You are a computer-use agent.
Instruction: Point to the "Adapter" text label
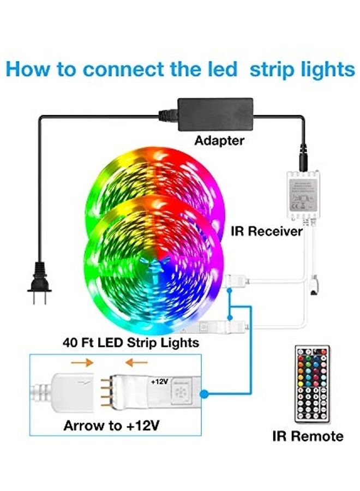coord(219,141)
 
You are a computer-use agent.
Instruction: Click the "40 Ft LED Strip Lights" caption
coord(130,343)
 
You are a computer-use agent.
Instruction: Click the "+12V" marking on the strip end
coord(160,382)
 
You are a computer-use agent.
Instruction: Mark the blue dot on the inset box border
coord(203,393)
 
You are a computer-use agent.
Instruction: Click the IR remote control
coord(311,384)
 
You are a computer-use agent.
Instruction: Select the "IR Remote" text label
coord(308,436)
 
